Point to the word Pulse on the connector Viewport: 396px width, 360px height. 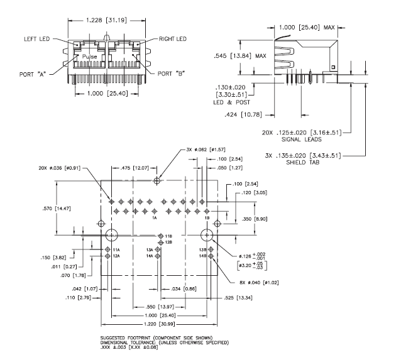[x=83, y=57]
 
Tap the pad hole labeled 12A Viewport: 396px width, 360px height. [x=107, y=256]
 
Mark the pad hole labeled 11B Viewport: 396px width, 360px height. [x=160, y=236]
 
